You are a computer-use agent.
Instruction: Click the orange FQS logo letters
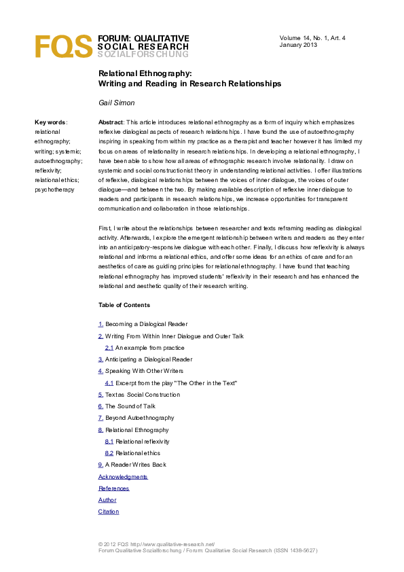(x=63, y=47)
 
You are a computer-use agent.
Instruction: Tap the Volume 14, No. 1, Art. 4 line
(x=313, y=37)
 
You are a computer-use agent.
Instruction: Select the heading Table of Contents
(x=124, y=305)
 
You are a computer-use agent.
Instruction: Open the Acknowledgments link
(x=123, y=477)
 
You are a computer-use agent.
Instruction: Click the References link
(x=113, y=488)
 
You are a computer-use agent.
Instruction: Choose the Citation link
(x=109, y=512)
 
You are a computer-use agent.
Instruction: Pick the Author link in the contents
(x=107, y=500)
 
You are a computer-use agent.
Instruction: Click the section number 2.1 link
(x=109, y=347)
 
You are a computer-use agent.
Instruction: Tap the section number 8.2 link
(x=109, y=452)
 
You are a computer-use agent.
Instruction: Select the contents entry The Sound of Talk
(x=130, y=406)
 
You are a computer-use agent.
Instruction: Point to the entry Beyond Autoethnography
(x=139, y=418)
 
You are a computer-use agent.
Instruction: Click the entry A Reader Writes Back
(x=135, y=465)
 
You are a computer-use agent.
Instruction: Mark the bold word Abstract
(x=110, y=122)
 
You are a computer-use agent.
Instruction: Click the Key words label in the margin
(x=51, y=122)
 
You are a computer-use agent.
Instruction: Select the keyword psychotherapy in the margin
(x=54, y=190)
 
